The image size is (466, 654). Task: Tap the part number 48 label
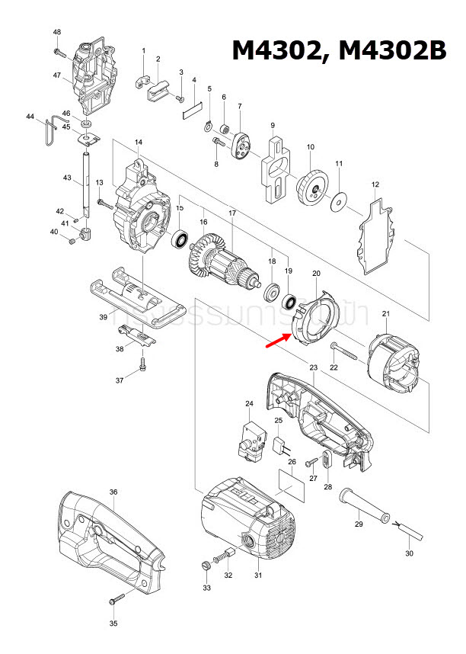point(57,32)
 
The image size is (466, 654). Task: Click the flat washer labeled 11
point(338,204)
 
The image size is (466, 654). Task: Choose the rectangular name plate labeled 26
point(292,486)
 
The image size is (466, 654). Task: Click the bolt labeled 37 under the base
point(142,369)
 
